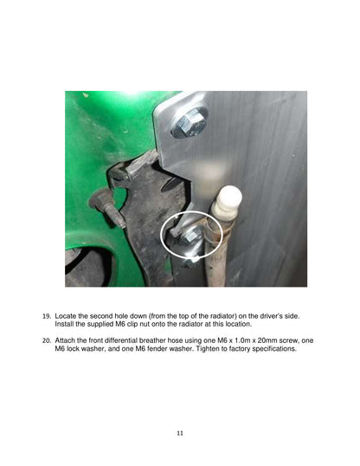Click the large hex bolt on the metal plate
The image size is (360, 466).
(x=190, y=123)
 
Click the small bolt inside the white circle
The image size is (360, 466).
(x=189, y=236)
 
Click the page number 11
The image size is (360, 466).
(x=180, y=433)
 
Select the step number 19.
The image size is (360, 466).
(x=47, y=316)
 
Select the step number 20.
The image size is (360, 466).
(x=47, y=340)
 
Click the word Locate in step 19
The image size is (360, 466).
(x=66, y=316)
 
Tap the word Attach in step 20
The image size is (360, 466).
(x=65, y=340)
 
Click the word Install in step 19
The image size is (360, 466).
(x=64, y=324)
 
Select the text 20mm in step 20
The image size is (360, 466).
(x=267, y=340)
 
